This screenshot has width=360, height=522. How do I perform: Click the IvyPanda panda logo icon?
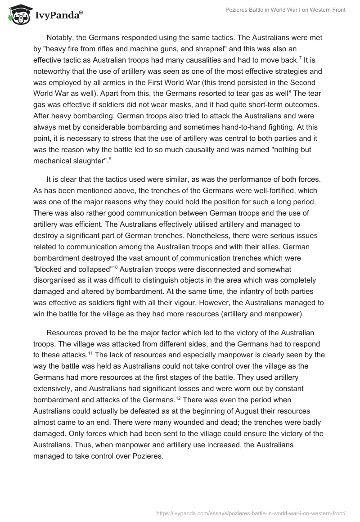coord(18,15)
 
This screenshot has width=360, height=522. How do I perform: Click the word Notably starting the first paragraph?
coord(61,37)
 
